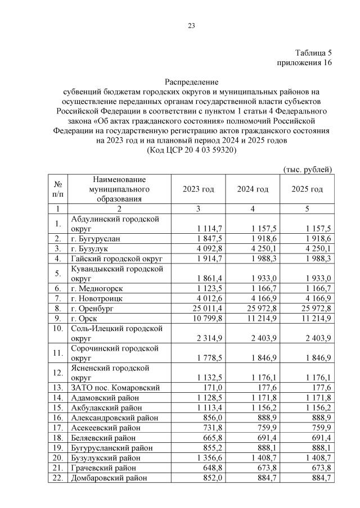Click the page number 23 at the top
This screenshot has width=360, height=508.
pyautogui.click(x=191, y=25)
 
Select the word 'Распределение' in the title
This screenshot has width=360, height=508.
pyautogui.click(x=191, y=82)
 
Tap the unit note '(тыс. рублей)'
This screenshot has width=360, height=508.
pyautogui.click(x=307, y=169)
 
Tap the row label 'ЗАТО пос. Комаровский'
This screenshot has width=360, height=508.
pyautogui.click(x=115, y=387)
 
